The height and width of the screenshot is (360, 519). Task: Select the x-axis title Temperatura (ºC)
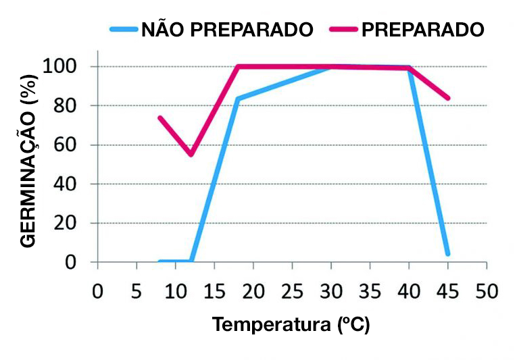[292, 325]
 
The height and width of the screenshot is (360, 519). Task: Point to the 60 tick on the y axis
[68, 145]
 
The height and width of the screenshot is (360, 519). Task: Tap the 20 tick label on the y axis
[68, 223]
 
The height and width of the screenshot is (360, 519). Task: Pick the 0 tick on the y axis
[75, 262]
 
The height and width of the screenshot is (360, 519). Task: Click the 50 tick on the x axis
[485, 291]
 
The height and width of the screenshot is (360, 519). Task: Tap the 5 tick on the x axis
[137, 291]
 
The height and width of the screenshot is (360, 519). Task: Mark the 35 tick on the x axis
[370, 291]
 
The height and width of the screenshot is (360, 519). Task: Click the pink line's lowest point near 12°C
[191, 154]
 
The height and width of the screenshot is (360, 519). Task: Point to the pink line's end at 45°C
[447, 98]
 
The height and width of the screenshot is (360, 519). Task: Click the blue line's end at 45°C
[447, 254]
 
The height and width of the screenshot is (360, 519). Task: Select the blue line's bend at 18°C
[237, 99]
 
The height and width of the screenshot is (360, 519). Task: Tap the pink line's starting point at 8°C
[160, 118]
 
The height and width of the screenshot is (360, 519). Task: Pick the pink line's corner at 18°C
[237, 66]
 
